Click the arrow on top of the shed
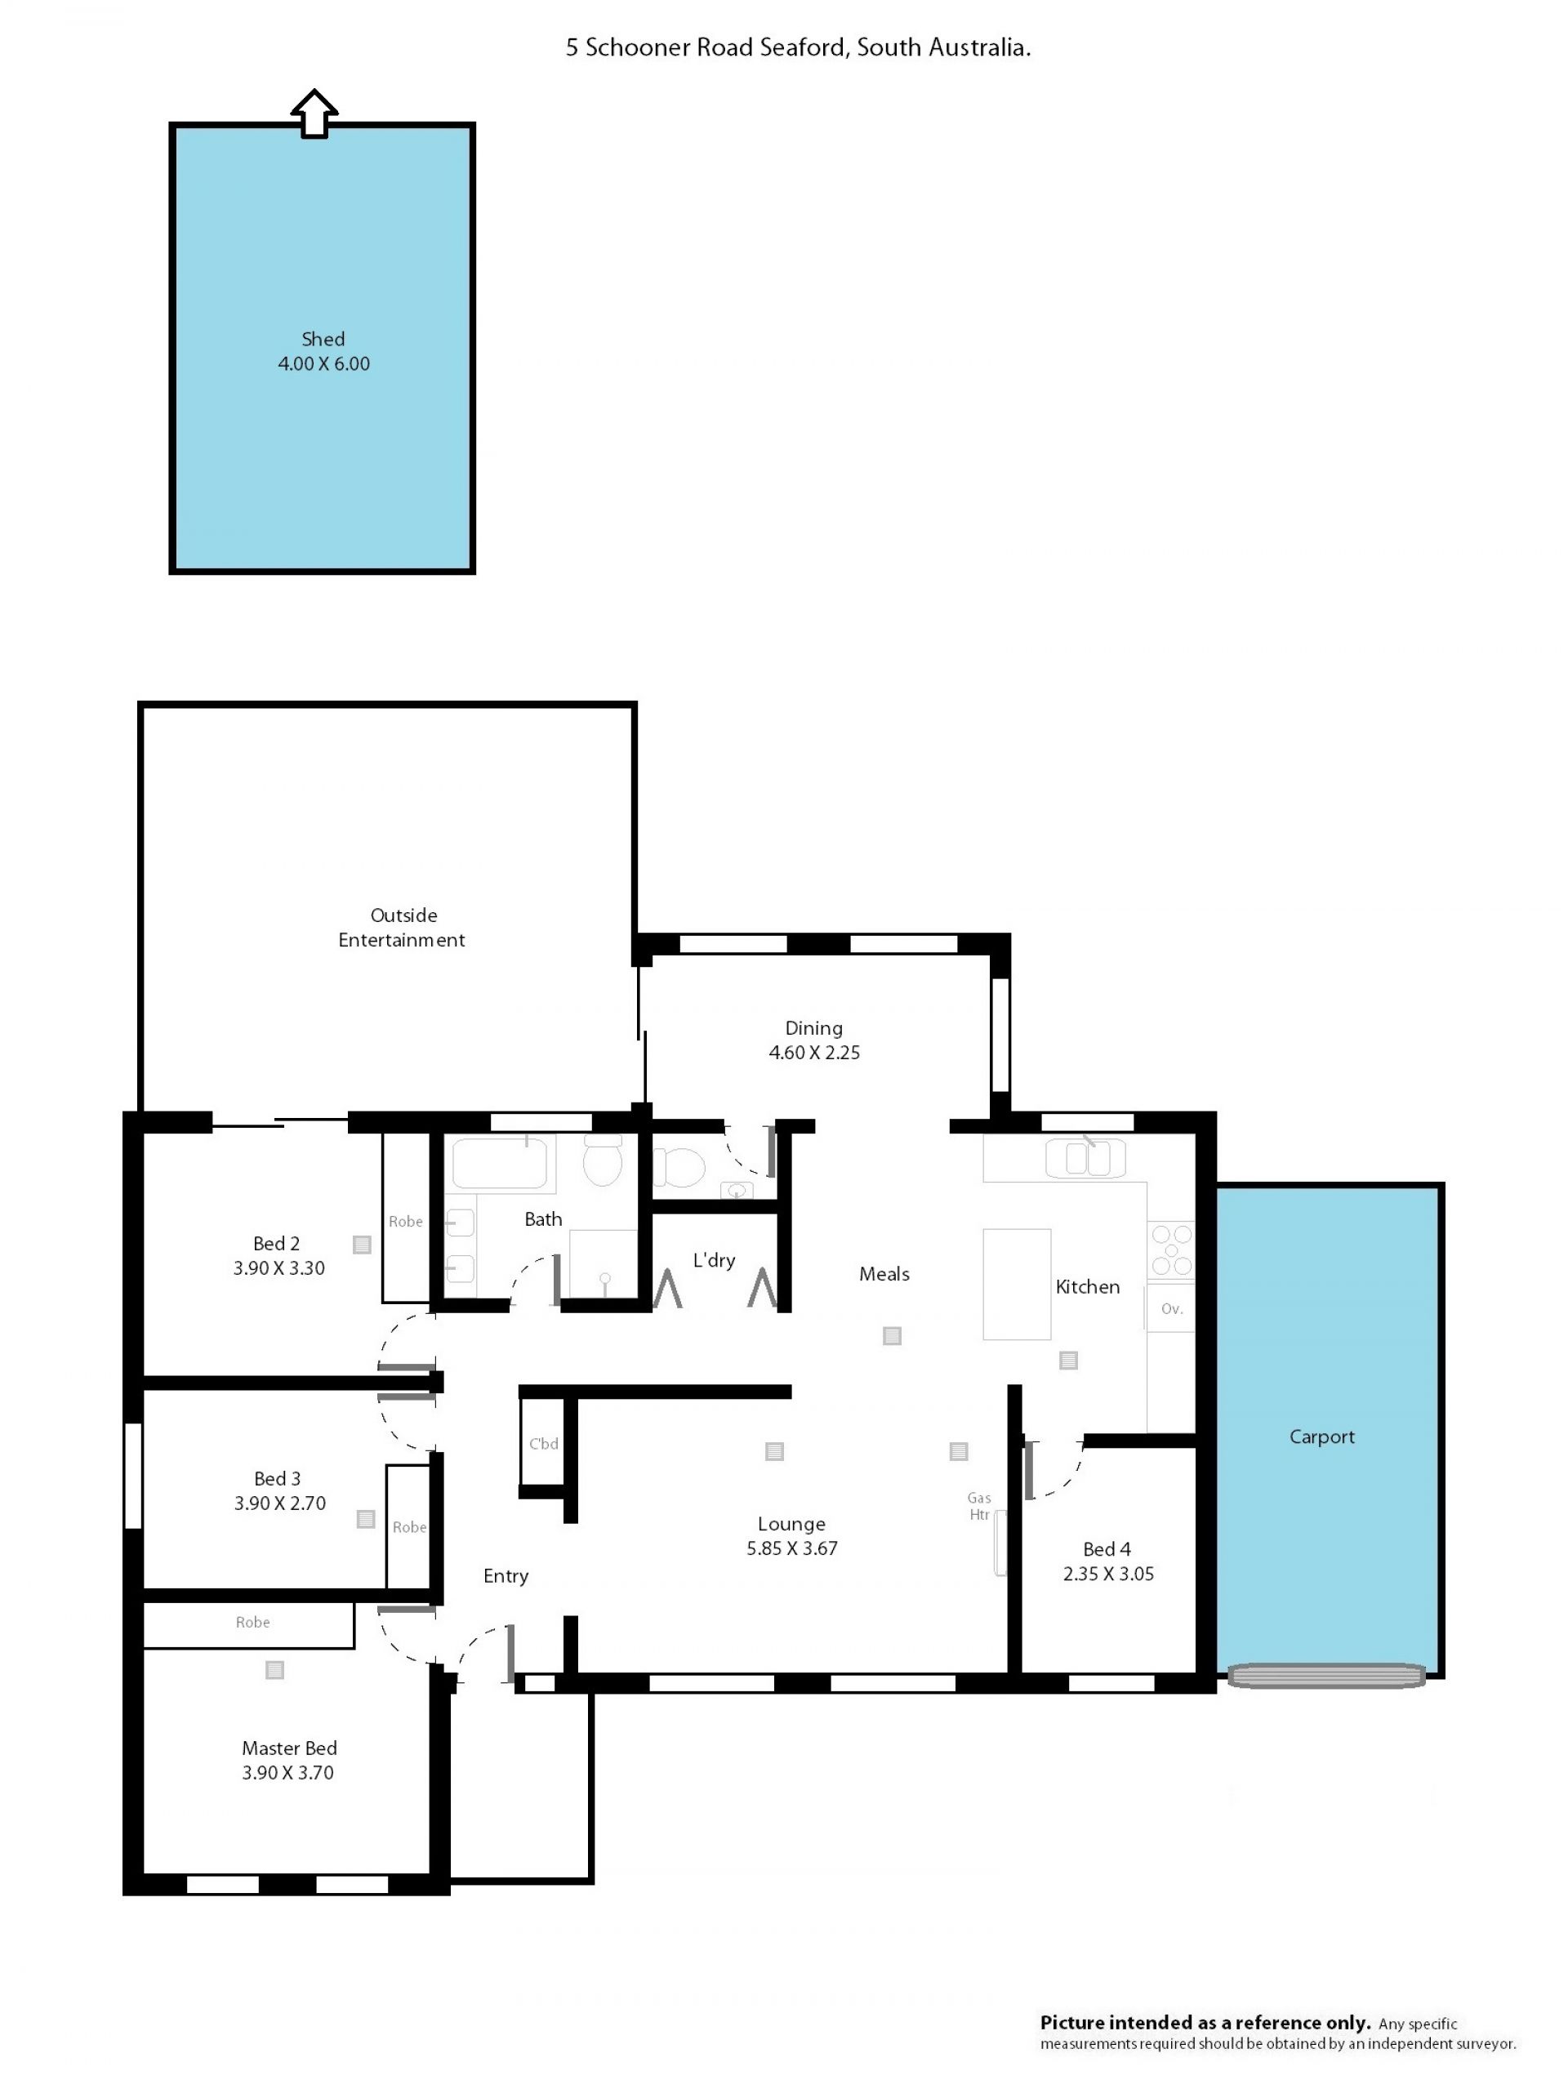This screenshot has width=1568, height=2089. [314, 114]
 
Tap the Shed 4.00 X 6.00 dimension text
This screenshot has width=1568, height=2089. [323, 363]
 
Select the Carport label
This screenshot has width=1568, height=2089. [1321, 1437]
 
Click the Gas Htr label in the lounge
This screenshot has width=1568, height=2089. [978, 1506]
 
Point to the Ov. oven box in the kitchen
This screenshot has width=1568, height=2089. [1170, 1308]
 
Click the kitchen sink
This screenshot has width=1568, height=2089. [1086, 1158]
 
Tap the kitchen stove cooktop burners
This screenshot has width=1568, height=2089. [1171, 1250]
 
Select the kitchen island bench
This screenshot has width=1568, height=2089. [1017, 1285]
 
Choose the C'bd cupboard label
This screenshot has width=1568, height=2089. [543, 1444]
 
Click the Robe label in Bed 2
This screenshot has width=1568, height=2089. [405, 1221]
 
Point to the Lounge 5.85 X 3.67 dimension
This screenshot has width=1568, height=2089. [791, 1548]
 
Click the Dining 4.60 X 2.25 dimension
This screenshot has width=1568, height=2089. [814, 1052]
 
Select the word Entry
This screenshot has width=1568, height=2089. [506, 1575]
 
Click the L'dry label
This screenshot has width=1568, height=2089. [714, 1260]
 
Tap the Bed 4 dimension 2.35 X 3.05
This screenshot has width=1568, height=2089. [1108, 1574]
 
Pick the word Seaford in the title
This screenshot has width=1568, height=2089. [803, 47]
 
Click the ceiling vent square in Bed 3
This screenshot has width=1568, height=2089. [366, 1519]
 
